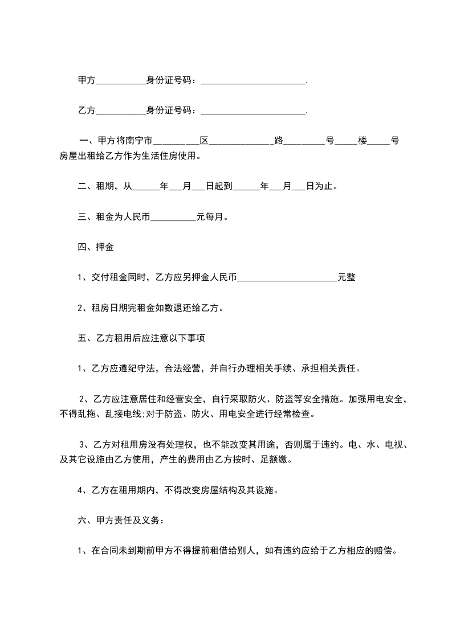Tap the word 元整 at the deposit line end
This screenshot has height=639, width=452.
pyautogui.click(x=347, y=278)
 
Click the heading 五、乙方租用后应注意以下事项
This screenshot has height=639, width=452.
pyautogui.click(x=141, y=338)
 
